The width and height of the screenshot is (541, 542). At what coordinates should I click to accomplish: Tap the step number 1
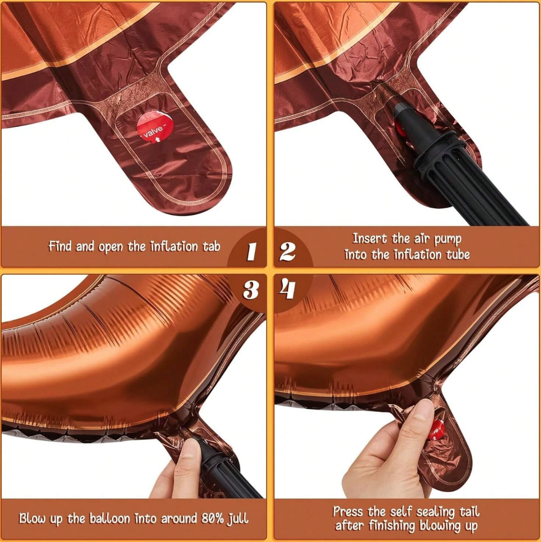(251, 251)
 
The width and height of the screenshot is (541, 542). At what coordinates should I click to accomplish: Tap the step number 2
(287, 251)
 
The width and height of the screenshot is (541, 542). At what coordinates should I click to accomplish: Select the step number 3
(251, 290)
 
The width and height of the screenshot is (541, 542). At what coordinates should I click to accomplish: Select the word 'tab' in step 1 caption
(211, 246)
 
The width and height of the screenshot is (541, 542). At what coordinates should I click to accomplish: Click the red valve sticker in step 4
(436, 429)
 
